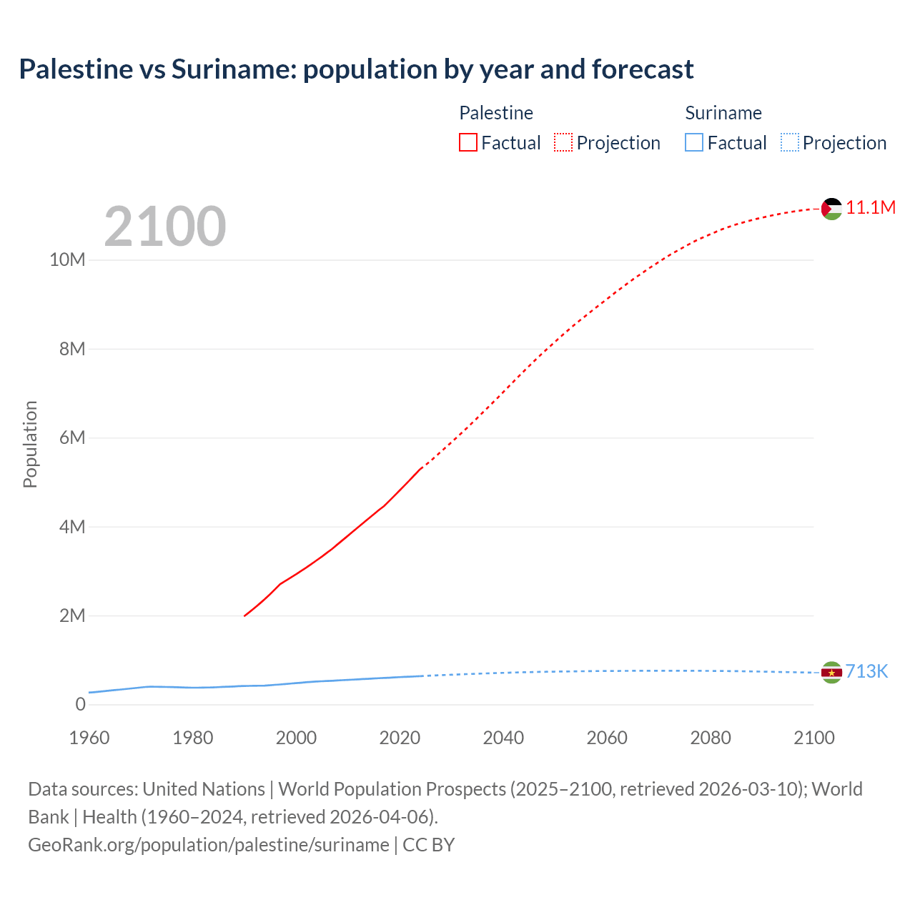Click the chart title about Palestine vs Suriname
pyautogui.click(x=356, y=69)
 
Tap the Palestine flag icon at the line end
pyautogui.click(x=831, y=209)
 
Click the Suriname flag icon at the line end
pyautogui.click(x=831, y=673)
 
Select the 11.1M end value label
pyautogui.click(x=871, y=208)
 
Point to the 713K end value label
pyautogui.click(x=866, y=671)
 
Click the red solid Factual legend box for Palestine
pyautogui.click(x=468, y=143)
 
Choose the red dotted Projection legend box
pyautogui.click(x=563, y=143)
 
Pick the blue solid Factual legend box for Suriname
pyautogui.click(x=694, y=143)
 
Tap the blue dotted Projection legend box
pyautogui.click(x=790, y=143)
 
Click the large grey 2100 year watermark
pyautogui.click(x=165, y=227)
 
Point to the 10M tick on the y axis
pyautogui.click(x=67, y=259)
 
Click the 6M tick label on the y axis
pyautogui.click(x=72, y=437)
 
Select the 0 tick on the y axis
pyautogui.click(x=80, y=704)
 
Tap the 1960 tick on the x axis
pyautogui.click(x=89, y=738)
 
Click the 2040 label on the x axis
pyautogui.click(x=503, y=738)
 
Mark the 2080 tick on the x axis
pyautogui.click(x=711, y=738)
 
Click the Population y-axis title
pyautogui.click(x=30, y=444)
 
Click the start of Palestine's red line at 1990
pyautogui.click(x=245, y=615)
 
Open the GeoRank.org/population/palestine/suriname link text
pyautogui.click(x=209, y=845)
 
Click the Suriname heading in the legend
pyautogui.click(x=723, y=113)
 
